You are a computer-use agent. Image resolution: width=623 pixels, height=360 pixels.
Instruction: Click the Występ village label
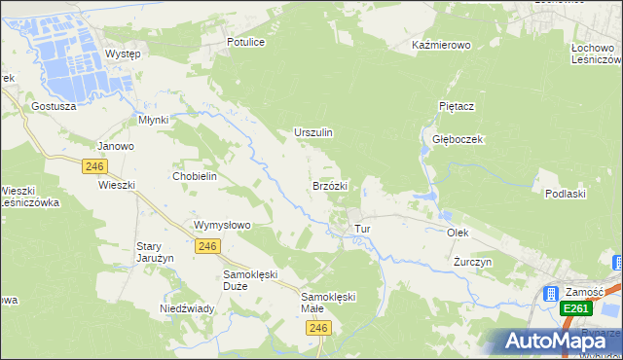(123, 54)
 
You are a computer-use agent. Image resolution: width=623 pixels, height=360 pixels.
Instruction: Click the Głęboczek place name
(458, 139)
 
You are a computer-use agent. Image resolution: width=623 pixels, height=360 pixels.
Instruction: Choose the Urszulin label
(313, 132)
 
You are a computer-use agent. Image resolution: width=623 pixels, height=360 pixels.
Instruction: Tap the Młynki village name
(154, 120)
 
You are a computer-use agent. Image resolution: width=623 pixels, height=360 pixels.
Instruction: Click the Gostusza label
(54, 105)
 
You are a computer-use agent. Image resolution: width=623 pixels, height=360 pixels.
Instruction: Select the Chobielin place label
(194, 176)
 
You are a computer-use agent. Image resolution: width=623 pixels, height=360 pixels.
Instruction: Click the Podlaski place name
(565, 194)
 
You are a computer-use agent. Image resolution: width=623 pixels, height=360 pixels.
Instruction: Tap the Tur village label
(363, 229)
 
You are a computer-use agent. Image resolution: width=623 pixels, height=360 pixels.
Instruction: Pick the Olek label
(458, 234)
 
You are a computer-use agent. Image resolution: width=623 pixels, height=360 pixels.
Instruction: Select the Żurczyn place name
(473, 263)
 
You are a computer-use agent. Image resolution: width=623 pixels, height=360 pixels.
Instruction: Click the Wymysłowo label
(223, 225)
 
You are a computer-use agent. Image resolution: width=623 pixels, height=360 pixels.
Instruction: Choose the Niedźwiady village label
(187, 308)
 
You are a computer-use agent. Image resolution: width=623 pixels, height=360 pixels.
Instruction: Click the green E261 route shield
(576, 308)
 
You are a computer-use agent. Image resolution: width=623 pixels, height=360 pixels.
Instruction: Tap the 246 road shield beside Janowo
(94, 166)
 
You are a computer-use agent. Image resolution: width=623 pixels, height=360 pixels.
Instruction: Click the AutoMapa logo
(551, 341)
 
